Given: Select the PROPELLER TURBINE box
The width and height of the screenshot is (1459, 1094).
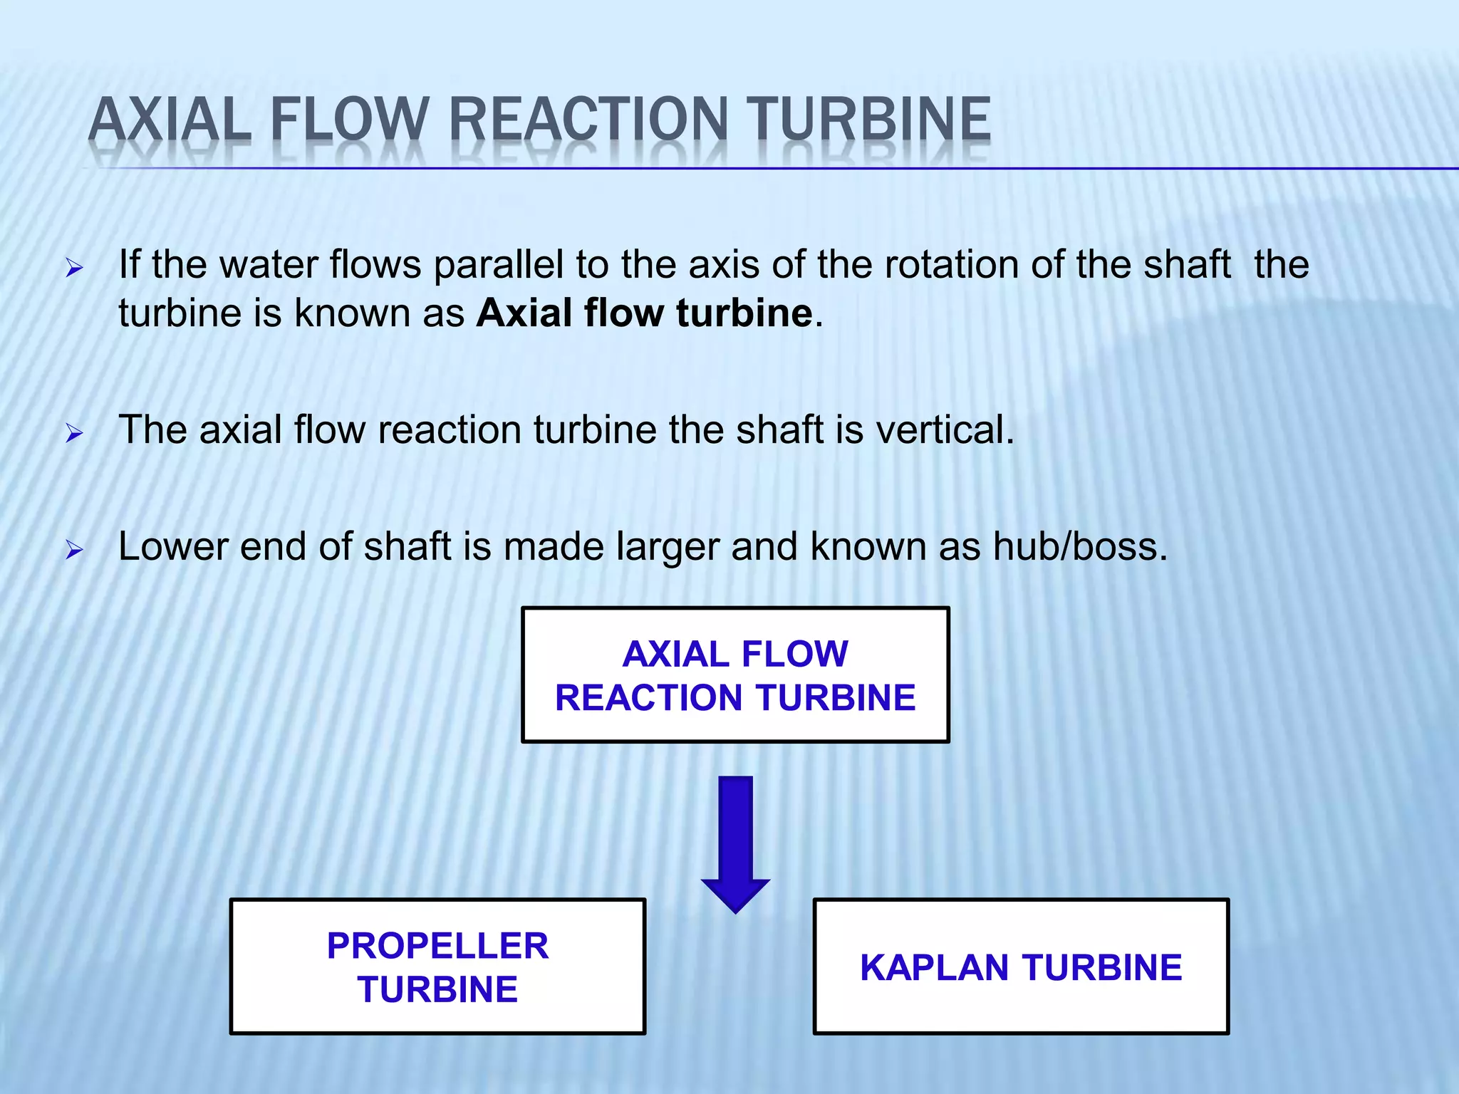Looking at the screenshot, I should tap(437, 967).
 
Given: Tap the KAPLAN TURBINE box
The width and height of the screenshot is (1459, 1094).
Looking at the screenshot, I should tap(1021, 967).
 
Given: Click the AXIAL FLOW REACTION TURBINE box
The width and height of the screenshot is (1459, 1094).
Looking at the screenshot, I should tap(735, 674).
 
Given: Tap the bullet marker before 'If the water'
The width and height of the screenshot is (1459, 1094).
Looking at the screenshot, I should tap(74, 269).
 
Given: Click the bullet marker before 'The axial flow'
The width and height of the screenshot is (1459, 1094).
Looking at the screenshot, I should tap(74, 433).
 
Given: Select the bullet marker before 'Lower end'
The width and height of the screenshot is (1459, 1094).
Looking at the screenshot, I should tap(74, 550).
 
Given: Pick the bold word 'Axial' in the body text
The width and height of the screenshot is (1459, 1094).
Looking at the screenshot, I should tap(524, 313).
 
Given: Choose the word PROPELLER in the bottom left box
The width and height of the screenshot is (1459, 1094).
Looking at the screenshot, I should tap(437, 947).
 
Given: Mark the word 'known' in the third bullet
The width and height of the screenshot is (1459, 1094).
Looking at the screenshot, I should tap(868, 547).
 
